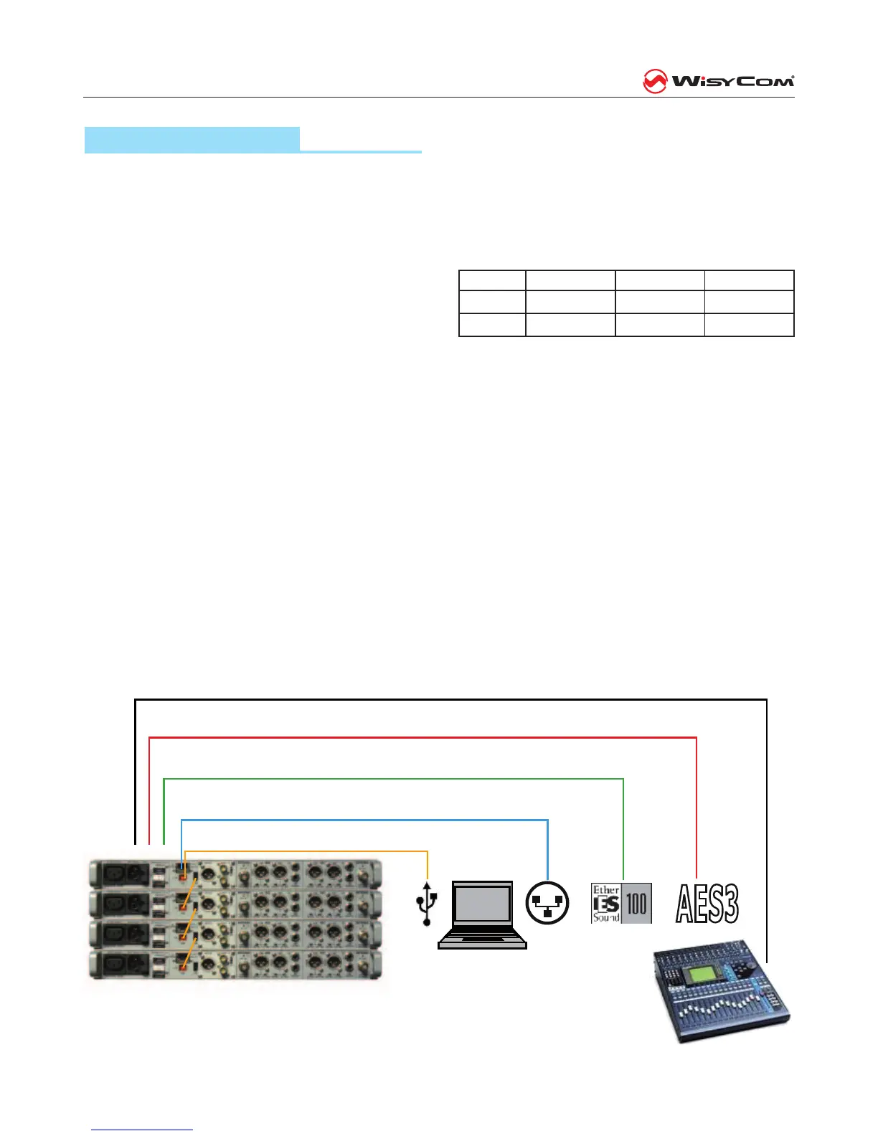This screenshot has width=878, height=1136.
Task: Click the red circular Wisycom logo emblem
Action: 654,81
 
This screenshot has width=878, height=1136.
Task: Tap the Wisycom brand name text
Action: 732,81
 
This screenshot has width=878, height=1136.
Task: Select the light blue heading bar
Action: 192,139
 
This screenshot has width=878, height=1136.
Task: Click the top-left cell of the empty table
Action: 492,280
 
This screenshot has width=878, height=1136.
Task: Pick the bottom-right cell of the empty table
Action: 749,325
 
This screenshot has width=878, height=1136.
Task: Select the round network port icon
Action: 547,903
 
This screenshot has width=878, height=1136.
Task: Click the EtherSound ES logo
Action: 606,904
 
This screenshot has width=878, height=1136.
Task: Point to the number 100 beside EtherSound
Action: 637,904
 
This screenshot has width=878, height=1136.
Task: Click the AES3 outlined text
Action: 707,904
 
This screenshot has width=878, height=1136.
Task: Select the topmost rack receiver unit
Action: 235,874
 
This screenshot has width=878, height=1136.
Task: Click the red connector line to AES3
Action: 423,737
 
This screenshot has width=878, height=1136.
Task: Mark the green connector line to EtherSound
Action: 395,779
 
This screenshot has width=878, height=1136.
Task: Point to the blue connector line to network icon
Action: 366,820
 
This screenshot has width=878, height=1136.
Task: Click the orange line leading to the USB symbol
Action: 308,851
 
